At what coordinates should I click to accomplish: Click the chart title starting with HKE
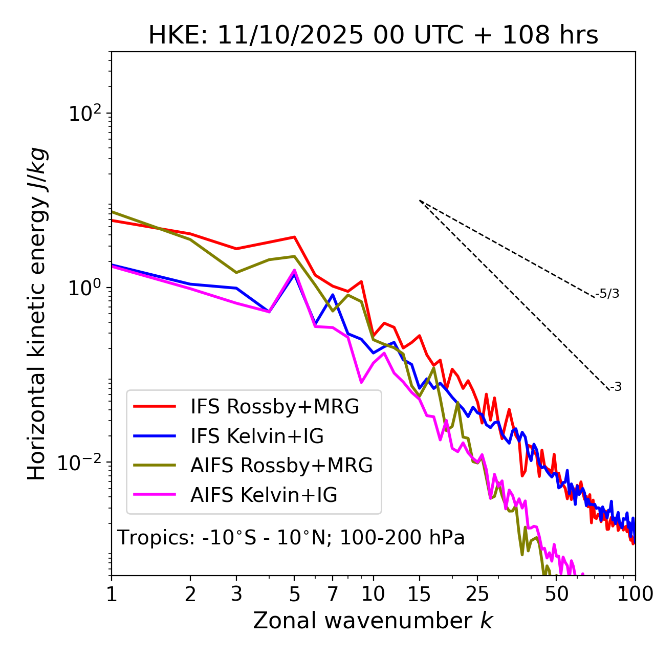373,36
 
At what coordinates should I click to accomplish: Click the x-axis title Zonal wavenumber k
373,621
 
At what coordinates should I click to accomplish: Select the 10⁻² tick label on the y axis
82,463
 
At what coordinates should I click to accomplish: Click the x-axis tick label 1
112,594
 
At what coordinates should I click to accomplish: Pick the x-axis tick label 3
236,594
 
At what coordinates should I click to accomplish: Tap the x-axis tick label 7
333,594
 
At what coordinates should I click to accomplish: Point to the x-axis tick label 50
556,594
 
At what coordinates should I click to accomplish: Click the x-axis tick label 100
635,594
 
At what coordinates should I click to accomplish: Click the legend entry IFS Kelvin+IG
257,436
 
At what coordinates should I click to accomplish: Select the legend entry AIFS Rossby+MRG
281,466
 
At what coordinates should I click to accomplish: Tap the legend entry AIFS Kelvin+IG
264,495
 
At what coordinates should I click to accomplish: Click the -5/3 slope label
607,294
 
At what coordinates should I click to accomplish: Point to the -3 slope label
616,387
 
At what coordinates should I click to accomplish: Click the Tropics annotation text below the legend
291,538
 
